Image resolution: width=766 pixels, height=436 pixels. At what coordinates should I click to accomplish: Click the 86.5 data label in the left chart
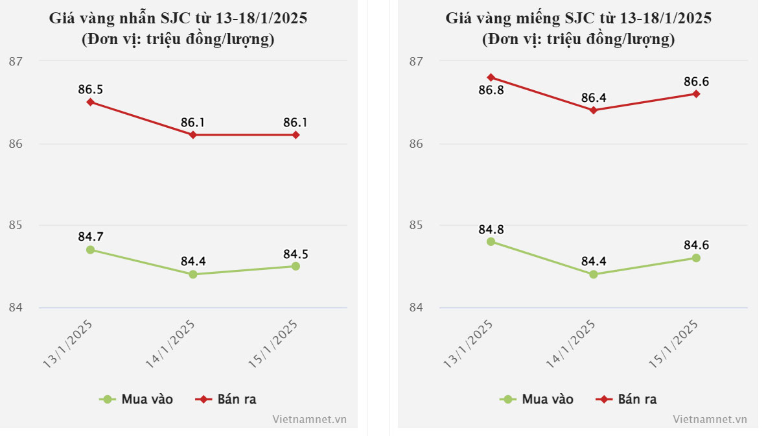(91, 90)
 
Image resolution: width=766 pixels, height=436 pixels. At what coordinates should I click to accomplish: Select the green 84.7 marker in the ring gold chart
(91, 250)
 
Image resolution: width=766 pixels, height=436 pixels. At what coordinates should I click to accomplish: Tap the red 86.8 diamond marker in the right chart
(491, 77)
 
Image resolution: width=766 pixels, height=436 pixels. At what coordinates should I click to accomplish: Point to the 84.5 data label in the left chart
(296, 254)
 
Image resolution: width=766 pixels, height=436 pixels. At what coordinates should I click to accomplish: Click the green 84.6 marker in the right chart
(696, 258)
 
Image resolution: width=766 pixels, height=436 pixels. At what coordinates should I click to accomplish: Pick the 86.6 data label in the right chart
(696, 82)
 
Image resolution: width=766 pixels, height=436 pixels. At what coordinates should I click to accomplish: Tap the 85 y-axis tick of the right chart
(415, 226)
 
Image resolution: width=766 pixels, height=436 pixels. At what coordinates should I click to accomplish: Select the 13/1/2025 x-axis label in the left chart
(67, 345)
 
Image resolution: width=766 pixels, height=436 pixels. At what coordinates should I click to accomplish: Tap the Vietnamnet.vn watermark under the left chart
(310, 420)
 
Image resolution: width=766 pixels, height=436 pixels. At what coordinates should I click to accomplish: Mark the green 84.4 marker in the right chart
(594, 274)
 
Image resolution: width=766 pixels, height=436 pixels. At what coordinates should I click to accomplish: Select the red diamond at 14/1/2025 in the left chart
(193, 135)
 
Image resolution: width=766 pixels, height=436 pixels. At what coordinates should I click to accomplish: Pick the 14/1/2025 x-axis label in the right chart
(570, 345)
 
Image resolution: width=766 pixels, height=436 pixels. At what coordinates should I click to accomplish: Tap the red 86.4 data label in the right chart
(594, 98)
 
